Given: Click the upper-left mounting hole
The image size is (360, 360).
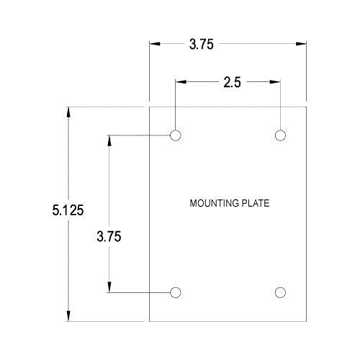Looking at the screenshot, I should point(175,135).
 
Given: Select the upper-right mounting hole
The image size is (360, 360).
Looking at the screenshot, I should point(281,135).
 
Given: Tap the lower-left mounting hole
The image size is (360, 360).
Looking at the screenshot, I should point(175,292).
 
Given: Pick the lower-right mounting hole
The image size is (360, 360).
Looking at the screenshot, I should point(281,292).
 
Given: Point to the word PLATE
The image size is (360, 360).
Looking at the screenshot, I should point(256,204).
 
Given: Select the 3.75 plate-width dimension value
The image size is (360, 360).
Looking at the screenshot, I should point(202,44).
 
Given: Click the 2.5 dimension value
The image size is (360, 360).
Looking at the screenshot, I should point(232,82).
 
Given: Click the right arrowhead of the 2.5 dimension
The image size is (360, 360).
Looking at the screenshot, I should point(277,82).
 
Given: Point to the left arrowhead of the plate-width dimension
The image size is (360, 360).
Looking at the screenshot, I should point(153,44).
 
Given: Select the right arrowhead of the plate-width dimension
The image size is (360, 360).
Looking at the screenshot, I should point(302,44).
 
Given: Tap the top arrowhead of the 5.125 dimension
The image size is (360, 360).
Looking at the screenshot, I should point(68,112).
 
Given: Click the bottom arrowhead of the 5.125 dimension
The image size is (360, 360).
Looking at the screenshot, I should point(68,317).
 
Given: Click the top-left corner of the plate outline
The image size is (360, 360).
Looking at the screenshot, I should point(149,107).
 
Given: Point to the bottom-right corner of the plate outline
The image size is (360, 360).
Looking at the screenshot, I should point(307,321).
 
